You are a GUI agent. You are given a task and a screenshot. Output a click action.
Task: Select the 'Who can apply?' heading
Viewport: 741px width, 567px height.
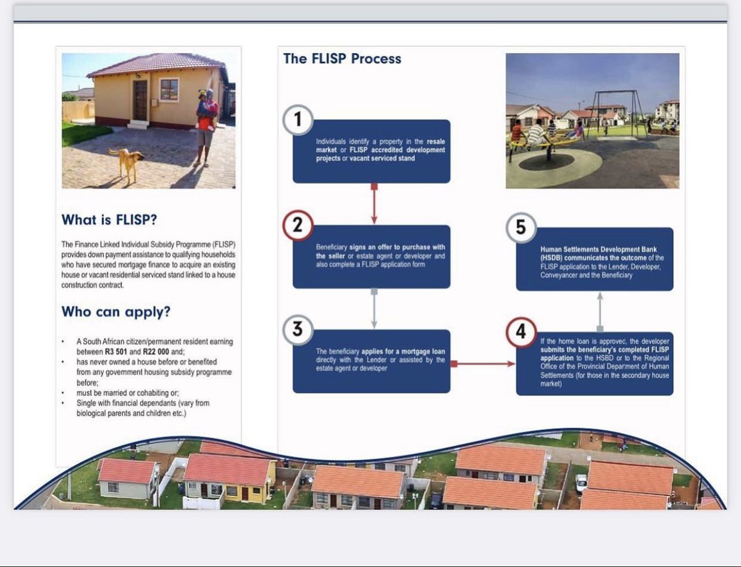115,312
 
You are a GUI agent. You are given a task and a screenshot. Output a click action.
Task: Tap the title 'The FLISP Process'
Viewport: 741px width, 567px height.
342,59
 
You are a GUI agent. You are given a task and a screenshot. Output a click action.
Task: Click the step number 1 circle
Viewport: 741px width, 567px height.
298,120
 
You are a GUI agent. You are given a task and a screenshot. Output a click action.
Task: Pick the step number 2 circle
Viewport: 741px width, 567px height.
298,226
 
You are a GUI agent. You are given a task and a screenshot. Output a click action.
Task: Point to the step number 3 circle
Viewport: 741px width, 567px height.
298,329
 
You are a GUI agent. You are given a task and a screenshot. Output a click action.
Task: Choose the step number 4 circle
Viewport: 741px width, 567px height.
521,333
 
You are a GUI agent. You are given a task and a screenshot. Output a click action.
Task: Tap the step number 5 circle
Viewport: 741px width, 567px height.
521,228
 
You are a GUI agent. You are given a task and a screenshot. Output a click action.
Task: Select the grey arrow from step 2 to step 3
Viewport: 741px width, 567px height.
374,308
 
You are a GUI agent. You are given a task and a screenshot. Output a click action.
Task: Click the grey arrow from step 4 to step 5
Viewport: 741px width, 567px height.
600,311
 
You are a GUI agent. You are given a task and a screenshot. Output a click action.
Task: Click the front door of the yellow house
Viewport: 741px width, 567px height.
140,100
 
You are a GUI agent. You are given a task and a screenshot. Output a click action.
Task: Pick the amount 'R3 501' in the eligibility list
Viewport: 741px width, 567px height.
117,350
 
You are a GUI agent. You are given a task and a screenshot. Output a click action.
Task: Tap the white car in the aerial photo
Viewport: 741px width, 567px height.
582,483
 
